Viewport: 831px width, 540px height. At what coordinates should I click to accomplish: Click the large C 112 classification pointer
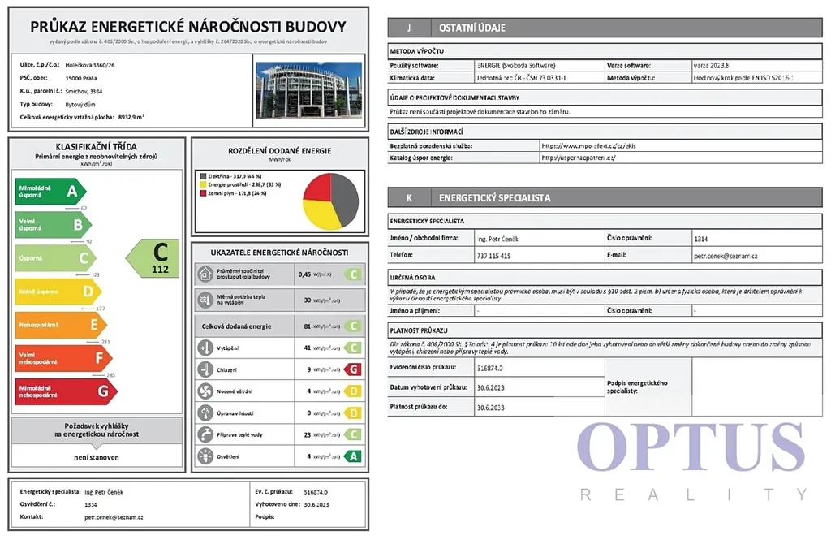[154, 258]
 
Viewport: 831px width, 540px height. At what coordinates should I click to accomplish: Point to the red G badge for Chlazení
[352, 369]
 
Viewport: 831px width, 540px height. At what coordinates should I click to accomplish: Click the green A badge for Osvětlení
[352, 456]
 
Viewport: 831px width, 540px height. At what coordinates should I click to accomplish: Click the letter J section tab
[408, 28]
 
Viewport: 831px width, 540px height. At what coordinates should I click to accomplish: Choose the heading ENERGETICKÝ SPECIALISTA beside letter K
[495, 197]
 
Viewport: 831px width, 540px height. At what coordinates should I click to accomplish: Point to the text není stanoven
[97, 456]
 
